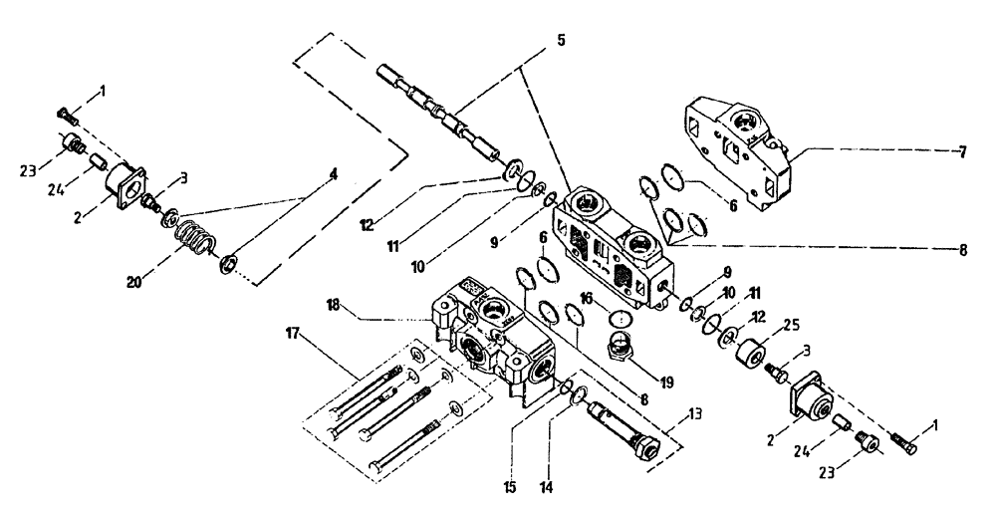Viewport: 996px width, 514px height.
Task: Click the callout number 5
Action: tap(561, 41)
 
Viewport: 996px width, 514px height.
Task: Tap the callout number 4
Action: tap(335, 173)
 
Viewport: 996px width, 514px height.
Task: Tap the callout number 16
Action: tap(587, 297)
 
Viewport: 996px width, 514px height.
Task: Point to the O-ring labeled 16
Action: tap(620, 320)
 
